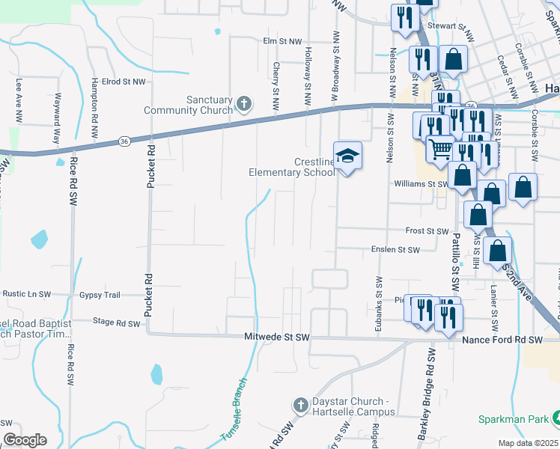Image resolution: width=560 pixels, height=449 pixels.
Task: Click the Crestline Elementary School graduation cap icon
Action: pos(347,156)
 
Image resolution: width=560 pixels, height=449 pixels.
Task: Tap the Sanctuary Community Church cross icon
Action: pos(243,103)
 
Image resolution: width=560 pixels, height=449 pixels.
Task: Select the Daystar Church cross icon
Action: pos(300,406)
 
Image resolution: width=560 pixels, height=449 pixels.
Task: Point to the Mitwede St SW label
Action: pos(277,337)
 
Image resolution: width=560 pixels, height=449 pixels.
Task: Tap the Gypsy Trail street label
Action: pos(100,295)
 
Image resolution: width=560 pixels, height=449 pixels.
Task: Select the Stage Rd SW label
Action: pos(116,324)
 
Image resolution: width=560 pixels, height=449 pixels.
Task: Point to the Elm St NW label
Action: pos(281,41)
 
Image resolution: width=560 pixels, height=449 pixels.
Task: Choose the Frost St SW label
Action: pos(426,231)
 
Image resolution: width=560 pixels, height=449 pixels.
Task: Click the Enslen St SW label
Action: pos(395,249)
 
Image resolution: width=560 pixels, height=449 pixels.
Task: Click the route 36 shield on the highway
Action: pos(125,141)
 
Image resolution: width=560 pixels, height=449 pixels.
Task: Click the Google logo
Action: pos(25,440)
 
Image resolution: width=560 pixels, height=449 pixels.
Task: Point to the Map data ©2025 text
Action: pos(528,443)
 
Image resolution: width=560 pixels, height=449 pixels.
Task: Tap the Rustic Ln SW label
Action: pos(25,295)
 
